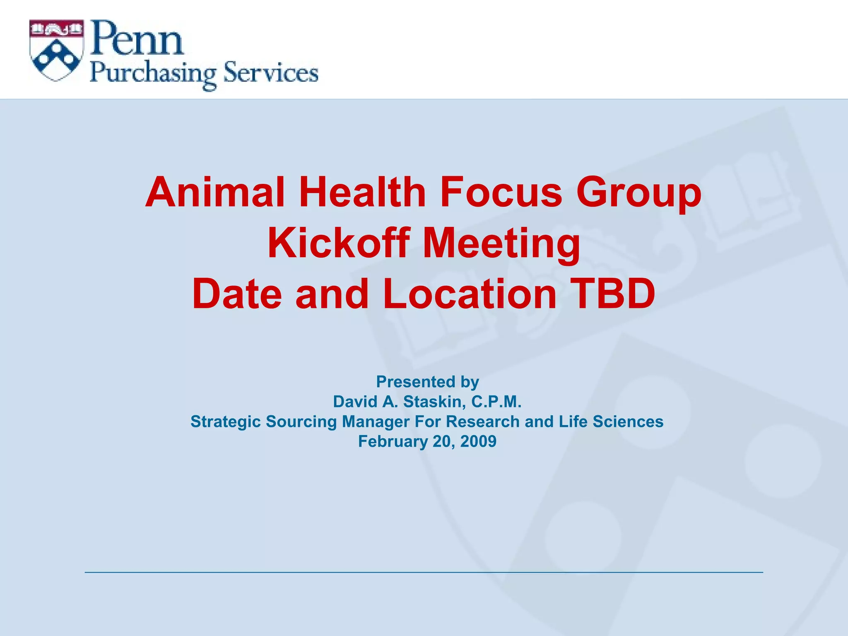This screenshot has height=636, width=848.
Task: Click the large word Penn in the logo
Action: click(x=137, y=40)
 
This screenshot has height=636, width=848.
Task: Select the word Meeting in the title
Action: click(x=501, y=244)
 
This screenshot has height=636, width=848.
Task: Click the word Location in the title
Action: click(x=470, y=294)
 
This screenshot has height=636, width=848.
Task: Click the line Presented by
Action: click(x=427, y=382)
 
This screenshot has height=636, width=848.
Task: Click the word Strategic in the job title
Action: click(x=225, y=422)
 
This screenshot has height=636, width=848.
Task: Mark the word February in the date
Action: click(x=393, y=441)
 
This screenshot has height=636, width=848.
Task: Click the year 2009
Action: click(x=478, y=441)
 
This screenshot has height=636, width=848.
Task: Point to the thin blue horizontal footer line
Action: click(x=424, y=572)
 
